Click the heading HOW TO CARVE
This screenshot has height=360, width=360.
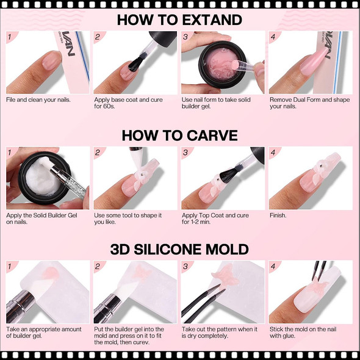[179, 135]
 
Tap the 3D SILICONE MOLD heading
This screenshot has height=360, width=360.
[179, 250]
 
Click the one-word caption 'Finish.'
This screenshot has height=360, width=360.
[279, 215]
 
